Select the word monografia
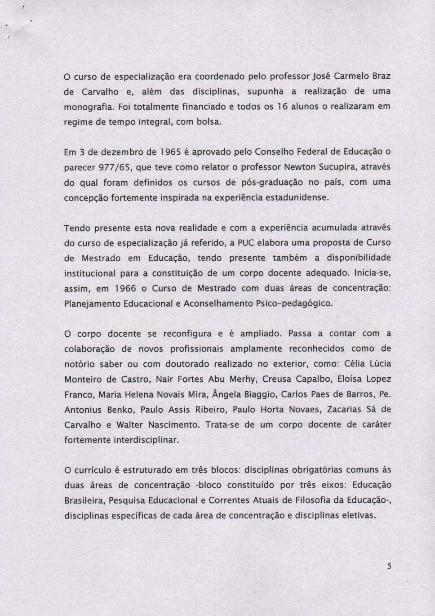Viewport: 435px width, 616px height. [x=88, y=107]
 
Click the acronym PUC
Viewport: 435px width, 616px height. [x=246, y=243]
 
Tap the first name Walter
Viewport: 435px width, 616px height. [x=131, y=425]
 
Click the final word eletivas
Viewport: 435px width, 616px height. [x=357, y=516]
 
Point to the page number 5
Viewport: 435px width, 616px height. [x=389, y=567]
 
